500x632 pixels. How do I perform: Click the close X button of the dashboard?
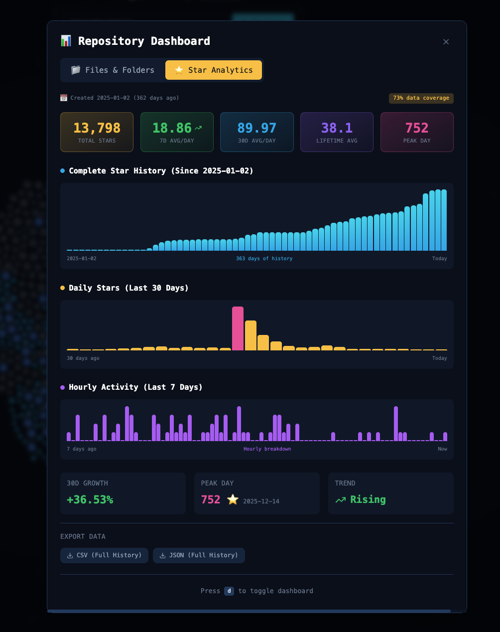tap(446, 42)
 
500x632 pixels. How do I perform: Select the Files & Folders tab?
tap(113, 70)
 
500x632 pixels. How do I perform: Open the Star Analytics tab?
tap(214, 70)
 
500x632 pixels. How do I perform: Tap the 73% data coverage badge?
tap(421, 98)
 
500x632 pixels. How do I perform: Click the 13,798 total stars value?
tap(97, 128)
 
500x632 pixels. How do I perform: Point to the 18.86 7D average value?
tap(172, 128)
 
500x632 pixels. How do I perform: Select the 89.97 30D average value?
tap(256, 128)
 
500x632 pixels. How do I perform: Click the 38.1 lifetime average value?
tap(337, 128)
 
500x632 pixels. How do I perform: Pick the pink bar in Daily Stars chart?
tap(238, 328)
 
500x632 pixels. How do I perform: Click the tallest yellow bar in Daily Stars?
tap(250, 335)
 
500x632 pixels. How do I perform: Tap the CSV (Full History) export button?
tap(104, 555)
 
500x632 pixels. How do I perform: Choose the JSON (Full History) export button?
tap(199, 555)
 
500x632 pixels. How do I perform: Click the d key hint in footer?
tap(229, 591)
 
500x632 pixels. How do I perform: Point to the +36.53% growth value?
tap(90, 499)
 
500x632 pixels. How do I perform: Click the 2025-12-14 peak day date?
tap(261, 501)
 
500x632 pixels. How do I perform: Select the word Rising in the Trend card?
tap(368, 499)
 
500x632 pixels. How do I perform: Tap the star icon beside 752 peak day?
tap(233, 499)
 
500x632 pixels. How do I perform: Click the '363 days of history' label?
tap(264, 259)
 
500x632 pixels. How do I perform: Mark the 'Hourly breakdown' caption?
tap(267, 449)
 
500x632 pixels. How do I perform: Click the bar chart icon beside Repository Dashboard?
tap(66, 41)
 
